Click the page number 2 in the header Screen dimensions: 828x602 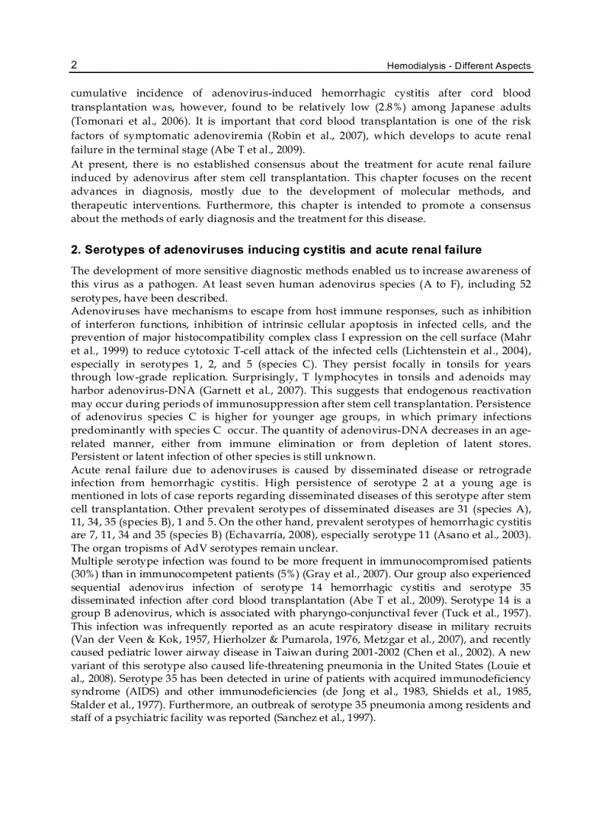point(74,65)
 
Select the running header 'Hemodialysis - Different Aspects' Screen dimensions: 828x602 point(459,66)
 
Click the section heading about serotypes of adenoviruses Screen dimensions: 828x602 point(276,249)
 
